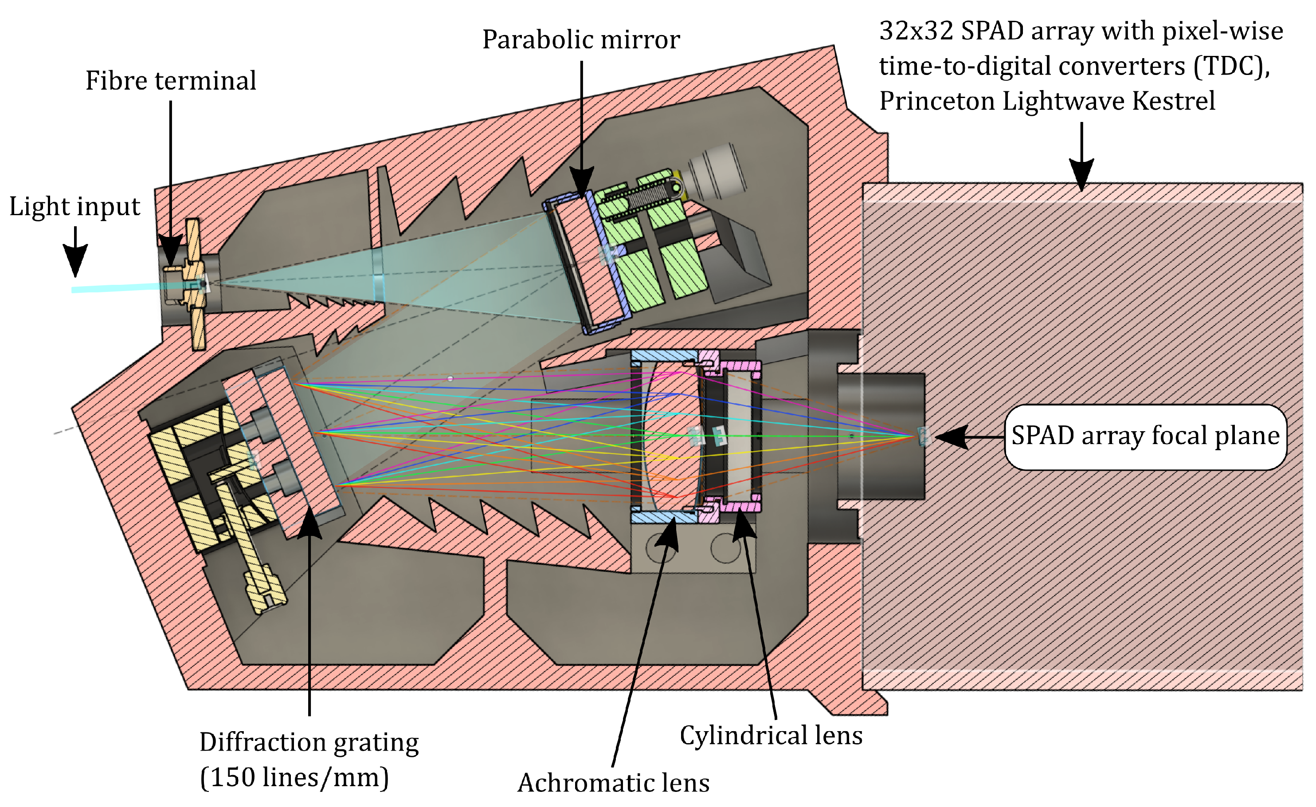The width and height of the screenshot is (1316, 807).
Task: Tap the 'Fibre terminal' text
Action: coord(171,81)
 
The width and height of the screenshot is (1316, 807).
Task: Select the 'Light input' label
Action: coord(75,206)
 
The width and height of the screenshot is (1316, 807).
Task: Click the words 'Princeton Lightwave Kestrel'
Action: coord(1047,100)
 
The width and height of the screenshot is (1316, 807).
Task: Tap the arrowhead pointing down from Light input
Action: coord(75,262)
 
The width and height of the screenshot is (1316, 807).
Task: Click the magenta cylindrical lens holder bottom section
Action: coord(740,504)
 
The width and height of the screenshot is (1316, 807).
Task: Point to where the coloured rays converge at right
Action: coord(914,437)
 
